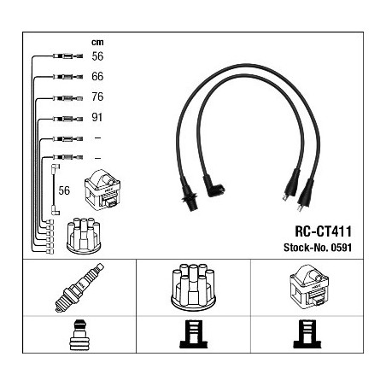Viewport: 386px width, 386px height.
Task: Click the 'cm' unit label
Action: pyautogui.click(x=97, y=43)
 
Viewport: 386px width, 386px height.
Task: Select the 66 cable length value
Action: pyautogui.click(x=97, y=76)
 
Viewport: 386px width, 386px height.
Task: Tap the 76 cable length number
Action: pyautogui.click(x=97, y=96)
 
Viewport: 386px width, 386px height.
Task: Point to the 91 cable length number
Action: pyautogui.click(x=96, y=117)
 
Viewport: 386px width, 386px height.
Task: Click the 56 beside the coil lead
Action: pyautogui.click(x=64, y=190)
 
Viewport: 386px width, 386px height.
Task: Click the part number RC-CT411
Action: pyautogui.click(x=323, y=231)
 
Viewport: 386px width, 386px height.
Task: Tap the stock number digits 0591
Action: pyautogui.click(x=341, y=248)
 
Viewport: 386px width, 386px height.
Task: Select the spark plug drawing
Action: pyautogui.click(x=79, y=288)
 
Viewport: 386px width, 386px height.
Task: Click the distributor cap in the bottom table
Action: pyautogui.click(x=193, y=287)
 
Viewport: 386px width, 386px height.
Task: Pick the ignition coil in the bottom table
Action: pyautogui.click(x=309, y=285)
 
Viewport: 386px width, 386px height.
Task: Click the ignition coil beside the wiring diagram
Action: pyautogui.click(x=102, y=190)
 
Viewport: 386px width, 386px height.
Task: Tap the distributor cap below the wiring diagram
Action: pyautogui.click(x=84, y=236)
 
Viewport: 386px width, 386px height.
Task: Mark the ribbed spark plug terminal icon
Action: pyautogui.click(x=79, y=335)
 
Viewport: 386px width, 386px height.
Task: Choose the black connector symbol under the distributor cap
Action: pyautogui.click(x=194, y=334)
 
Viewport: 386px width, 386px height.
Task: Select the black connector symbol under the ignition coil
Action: pyautogui.click(x=307, y=334)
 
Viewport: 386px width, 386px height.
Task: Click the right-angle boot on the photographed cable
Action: pyautogui.click(x=213, y=186)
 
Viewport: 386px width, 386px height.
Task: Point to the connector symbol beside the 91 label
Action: pyautogui.click(x=67, y=119)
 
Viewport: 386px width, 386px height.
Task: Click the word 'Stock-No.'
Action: pyautogui.click(x=306, y=248)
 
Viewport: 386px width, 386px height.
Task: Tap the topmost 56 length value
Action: pyautogui.click(x=97, y=56)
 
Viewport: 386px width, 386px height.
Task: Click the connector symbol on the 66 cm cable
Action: pyautogui.click(x=67, y=77)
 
